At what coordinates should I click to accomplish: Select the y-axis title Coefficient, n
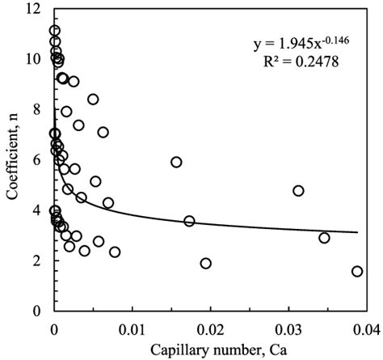(11, 159)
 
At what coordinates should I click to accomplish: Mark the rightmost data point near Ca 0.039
(357, 272)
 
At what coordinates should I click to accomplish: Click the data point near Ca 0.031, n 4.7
(298, 191)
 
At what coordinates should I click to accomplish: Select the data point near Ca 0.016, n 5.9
(176, 162)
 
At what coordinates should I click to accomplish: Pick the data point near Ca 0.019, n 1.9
(205, 263)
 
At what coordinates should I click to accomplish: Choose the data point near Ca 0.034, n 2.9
(324, 238)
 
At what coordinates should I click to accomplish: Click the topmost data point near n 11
(54, 31)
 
